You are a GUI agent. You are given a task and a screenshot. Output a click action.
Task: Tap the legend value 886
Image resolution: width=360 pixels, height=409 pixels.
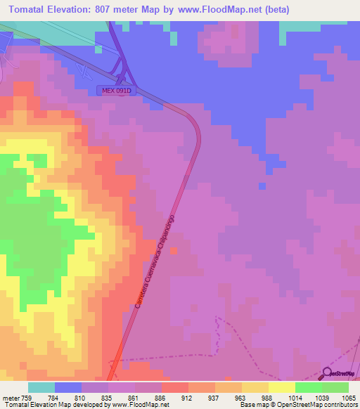click(161, 398)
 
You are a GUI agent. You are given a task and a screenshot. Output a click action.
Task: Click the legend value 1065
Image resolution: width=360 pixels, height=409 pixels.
click(340, 398)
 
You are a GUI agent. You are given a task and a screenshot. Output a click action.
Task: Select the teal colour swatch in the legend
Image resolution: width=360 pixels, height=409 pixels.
click(41, 387)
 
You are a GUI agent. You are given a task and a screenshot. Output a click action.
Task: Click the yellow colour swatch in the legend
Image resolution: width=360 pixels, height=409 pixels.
click(282, 387)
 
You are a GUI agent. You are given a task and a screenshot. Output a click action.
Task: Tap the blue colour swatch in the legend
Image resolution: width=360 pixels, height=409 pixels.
click(68, 387)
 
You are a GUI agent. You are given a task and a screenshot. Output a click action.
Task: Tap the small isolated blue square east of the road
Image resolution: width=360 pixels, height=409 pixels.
click(262, 186)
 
